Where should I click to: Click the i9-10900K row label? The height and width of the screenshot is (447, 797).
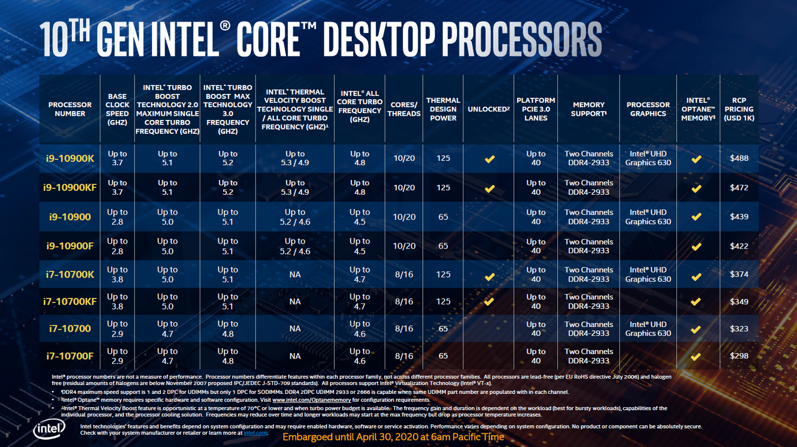click(x=70, y=158)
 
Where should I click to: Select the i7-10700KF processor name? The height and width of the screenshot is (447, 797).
click(x=70, y=302)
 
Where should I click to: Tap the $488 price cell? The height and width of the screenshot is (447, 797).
click(x=739, y=158)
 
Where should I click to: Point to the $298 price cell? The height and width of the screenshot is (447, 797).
click(x=739, y=356)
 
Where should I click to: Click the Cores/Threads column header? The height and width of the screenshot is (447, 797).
click(x=404, y=109)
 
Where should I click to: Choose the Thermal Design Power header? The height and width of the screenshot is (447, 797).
click(x=443, y=109)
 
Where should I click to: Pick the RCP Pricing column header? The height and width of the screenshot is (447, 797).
click(x=739, y=109)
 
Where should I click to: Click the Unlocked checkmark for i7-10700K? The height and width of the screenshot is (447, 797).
click(x=489, y=277)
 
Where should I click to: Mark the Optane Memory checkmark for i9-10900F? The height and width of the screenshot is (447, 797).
click(x=696, y=246)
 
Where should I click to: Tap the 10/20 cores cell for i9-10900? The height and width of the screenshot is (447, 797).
click(x=404, y=217)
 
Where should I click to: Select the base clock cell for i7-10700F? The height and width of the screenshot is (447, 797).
click(x=117, y=356)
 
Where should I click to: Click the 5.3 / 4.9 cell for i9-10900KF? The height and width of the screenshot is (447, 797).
click(x=295, y=187)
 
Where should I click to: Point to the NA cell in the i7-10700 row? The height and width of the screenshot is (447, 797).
click(x=295, y=329)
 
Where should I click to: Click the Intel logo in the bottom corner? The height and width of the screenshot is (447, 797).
click(x=49, y=429)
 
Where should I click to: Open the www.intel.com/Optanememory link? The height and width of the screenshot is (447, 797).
click(x=311, y=400)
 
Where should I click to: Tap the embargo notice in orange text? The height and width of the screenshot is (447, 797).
click(x=393, y=437)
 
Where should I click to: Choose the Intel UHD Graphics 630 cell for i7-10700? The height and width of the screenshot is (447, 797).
click(x=648, y=329)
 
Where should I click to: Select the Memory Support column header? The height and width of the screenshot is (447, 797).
click(x=589, y=109)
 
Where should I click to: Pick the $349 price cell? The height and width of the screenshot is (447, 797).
click(x=739, y=302)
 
